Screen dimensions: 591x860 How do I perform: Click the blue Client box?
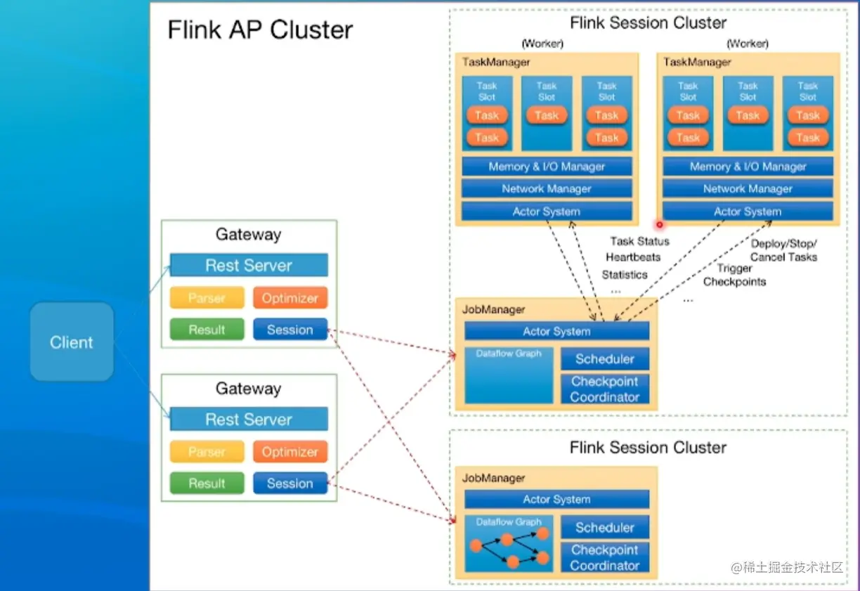71,342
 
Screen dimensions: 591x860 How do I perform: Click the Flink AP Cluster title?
260,30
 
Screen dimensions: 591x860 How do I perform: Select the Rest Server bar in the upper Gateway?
249,266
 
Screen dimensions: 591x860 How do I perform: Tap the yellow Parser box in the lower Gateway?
207,452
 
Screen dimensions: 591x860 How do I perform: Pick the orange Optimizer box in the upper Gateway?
290,298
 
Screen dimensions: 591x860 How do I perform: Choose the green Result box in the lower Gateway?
207,483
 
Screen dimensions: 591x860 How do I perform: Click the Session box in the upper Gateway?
290,330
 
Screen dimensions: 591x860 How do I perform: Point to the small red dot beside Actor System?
660,225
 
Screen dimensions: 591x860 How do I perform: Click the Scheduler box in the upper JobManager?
604,359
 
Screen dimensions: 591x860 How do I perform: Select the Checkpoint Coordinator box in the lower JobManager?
604,558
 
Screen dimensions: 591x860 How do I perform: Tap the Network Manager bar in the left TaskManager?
547,189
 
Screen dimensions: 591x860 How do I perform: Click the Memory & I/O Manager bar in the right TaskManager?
748,167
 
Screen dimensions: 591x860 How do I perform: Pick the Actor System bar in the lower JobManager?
556,500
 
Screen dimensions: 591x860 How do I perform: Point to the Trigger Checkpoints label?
734,275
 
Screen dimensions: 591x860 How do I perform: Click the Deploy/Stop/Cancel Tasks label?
783,250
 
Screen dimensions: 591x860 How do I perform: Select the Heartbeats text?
633,258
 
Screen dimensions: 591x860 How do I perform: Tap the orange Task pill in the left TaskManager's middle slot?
547,116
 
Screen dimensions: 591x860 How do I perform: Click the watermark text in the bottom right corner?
787,568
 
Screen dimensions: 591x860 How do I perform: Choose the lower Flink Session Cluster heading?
648,448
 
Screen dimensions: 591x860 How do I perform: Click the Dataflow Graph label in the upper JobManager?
509,353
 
